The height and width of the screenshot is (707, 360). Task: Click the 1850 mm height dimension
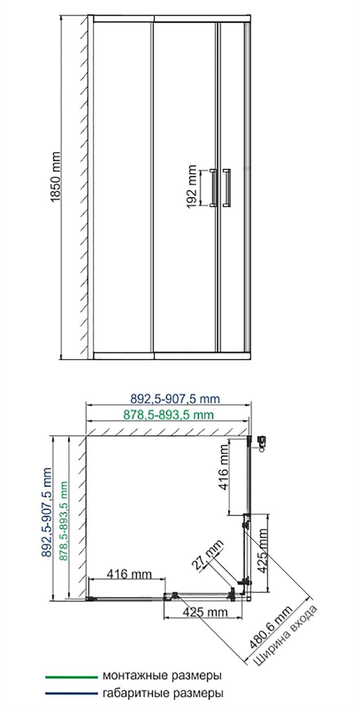pos(55,177)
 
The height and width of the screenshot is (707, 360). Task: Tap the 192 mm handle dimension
pos(192,186)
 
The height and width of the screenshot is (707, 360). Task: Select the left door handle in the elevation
pos(214,188)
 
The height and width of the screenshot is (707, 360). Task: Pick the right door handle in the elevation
pos(226,188)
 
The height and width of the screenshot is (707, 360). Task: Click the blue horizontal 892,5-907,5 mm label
pos(175,399)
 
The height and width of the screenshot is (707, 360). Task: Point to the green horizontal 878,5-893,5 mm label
pos(168,415)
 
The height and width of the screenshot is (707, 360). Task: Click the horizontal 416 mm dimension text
pos(129,574)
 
